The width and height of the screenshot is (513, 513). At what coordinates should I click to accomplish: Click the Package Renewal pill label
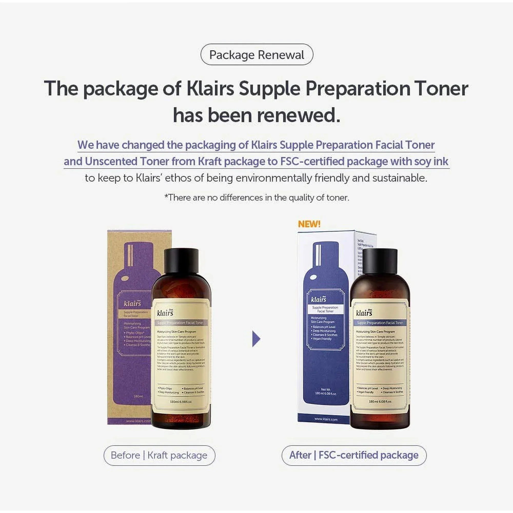(256, 55)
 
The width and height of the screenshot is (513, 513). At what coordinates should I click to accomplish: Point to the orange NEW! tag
(309, 224)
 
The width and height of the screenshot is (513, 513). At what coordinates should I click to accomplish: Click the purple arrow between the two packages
(256, 339)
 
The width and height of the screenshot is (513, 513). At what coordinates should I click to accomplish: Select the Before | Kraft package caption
(159, 455)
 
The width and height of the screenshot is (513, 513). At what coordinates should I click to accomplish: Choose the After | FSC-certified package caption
(354, 455)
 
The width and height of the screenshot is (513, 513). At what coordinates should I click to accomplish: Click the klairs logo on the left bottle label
(165, 313)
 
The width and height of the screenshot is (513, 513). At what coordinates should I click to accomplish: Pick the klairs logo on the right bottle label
(364, 313)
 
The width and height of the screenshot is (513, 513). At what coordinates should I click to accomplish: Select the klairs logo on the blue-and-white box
(319, 299)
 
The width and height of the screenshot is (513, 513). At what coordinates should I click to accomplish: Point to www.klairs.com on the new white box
(326, 419)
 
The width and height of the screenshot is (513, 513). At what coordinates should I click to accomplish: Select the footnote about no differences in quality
(256, 198)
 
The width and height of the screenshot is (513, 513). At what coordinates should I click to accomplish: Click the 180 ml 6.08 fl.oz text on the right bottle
(380, 401)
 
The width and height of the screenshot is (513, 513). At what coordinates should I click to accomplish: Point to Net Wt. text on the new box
(325, 389)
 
